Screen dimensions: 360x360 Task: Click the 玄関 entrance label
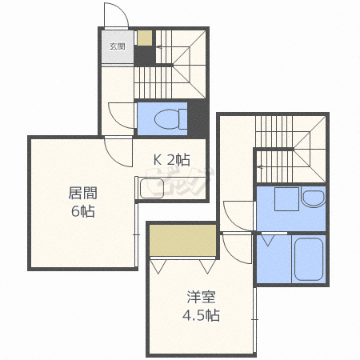click(x=118, y=46)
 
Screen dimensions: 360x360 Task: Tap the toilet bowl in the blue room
click(x=170, y=119)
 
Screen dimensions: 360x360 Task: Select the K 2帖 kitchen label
click(x=172, y=160)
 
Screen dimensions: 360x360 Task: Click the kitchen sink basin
click(x=152, y=189)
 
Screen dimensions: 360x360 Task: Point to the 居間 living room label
click(x=83, y=193)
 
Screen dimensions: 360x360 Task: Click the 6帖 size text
click(x=83, y=211)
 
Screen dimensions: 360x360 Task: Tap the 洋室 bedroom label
click(x=201, y=297)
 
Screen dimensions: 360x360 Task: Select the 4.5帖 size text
click(x=201, y=315)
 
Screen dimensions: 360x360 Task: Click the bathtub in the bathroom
click(x=309, y=259)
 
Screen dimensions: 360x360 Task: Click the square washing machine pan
click(x=286, y=199)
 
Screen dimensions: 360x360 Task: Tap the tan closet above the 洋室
click(x=183, y=241)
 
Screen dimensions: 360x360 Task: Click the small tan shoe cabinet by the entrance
click(x=145, y=38)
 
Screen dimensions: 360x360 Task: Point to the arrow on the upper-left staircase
click(x=159, y=47)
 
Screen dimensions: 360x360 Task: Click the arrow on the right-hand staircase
click(x=260, y=167)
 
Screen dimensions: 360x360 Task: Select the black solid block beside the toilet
click(x=198, y=119)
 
